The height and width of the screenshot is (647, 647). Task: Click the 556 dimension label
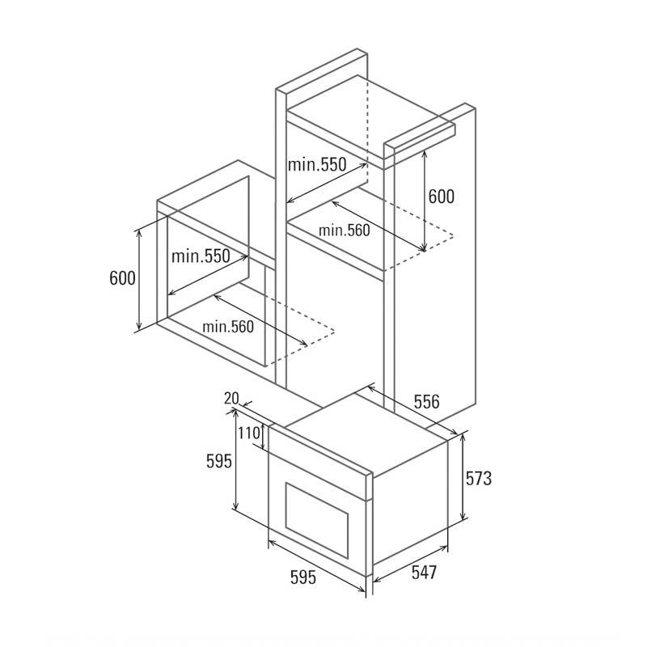click(x=427, y=401)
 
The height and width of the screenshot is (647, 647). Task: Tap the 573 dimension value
click(x=479, y=478)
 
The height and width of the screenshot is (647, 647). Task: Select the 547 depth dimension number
click(x=424, y=573)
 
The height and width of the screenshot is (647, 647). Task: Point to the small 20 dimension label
click(x=231, y=398)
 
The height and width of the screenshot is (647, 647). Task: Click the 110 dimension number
click(x=249, y=433)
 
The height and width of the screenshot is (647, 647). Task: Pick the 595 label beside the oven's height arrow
click(x=219, y=461)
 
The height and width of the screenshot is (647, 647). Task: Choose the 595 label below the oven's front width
click(x=303, y=577)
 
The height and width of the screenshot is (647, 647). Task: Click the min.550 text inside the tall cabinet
click(x=317, y=164)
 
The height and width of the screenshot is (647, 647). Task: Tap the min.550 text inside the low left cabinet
click(x=201, y=256)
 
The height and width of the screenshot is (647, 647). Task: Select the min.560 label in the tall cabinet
click(x=345, y=230)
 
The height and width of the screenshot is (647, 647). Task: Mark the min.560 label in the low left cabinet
click(x=228, y=327)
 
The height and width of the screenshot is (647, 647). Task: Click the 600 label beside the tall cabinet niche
click(x=441, y=197)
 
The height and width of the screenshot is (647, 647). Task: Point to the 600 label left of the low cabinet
click(x=123, y=278)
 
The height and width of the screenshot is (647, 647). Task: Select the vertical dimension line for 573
click(x=463, y=479)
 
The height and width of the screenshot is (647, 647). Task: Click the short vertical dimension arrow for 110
click(x=264, y=437)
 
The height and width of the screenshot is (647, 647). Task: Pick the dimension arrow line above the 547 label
click(x=410, y=565)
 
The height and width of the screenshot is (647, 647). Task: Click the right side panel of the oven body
click(x=410, y=503)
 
